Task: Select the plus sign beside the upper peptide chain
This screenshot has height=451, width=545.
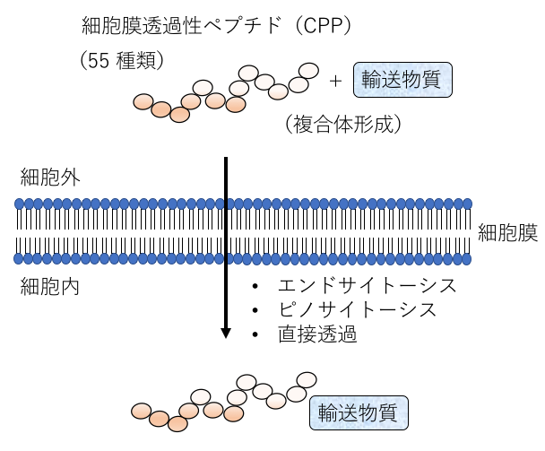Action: tap(336, 81)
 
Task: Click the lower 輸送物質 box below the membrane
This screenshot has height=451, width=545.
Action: tap(359, 413)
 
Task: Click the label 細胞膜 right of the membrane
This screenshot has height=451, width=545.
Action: tap(507, 234)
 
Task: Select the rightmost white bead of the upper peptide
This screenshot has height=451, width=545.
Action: tap(308, 70)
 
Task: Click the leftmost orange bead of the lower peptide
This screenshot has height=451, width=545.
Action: tap(142, 412)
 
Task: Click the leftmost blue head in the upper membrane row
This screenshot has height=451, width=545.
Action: tap(20, 204)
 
